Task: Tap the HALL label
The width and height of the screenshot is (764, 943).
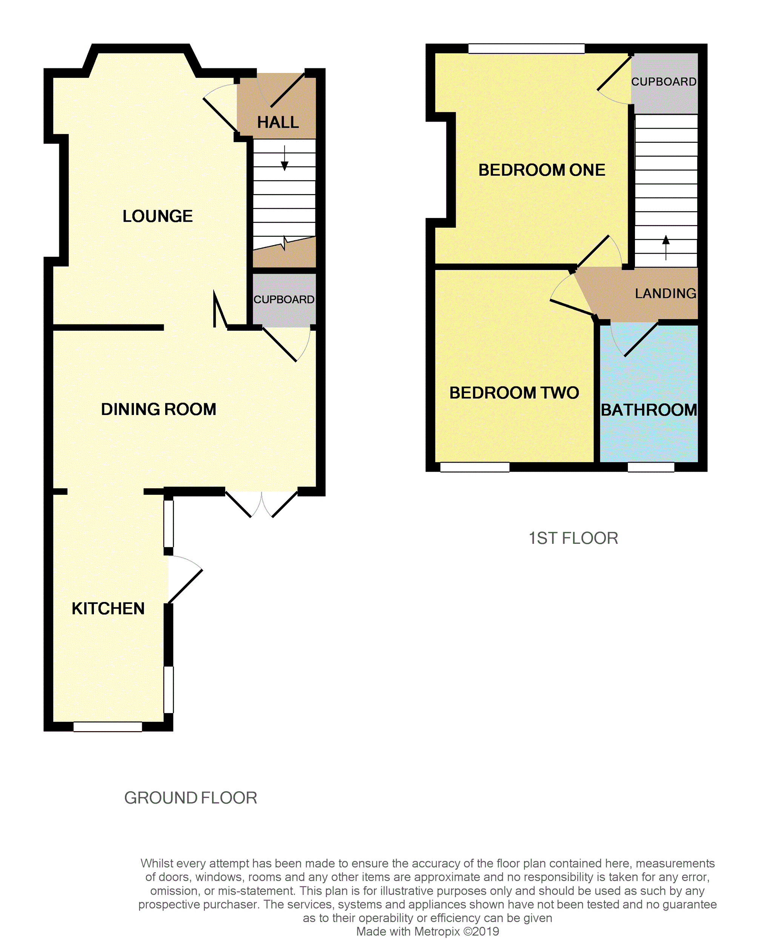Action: point(278,122)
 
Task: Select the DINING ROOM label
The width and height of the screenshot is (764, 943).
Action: point(158,409)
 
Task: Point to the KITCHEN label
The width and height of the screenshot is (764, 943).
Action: point(108,608)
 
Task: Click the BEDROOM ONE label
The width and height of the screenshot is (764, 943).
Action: point(541,170)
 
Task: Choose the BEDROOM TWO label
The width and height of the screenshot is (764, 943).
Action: point(513,392)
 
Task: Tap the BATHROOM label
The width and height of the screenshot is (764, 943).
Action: point(649,410)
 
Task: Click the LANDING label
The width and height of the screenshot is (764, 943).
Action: point(665,293)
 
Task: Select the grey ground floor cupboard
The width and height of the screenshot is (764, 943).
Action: point(284,299)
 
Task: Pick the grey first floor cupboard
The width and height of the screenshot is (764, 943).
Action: point(664,82)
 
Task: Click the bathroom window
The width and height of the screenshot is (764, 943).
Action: point(650,467)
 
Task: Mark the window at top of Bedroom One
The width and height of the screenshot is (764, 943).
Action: point(526,48)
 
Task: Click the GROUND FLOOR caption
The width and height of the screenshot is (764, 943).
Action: point(190,798)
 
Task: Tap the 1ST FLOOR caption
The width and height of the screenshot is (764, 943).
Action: point(573,538)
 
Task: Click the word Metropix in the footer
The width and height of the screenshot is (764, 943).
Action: point(437,932)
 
